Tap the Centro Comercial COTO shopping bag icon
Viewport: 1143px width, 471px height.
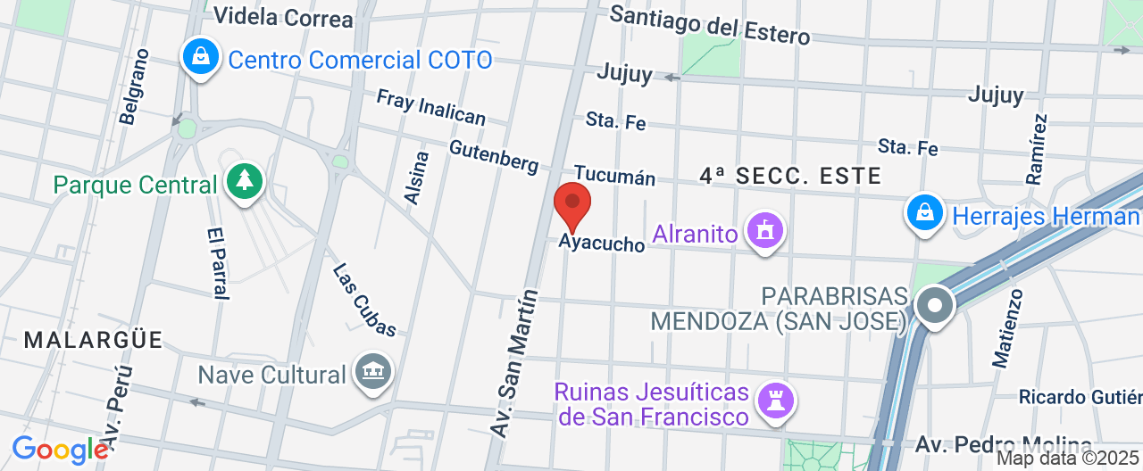202,57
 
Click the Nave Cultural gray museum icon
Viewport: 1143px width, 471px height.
372,372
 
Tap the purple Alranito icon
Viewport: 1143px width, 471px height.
764,232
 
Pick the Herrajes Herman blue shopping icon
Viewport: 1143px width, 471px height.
926,213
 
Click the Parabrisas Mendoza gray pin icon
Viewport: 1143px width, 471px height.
935,306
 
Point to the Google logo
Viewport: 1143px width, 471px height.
59,450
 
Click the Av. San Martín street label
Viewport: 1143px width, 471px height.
514,363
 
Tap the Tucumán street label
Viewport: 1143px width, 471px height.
614,175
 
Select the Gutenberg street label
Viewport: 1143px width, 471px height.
494,157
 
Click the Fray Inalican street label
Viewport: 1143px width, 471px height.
431,107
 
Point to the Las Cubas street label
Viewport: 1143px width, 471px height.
364,300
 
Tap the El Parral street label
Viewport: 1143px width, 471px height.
217,262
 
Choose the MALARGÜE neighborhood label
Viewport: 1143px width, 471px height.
94,340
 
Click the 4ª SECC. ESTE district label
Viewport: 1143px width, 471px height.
790,176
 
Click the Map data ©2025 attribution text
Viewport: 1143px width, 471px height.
1068,459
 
